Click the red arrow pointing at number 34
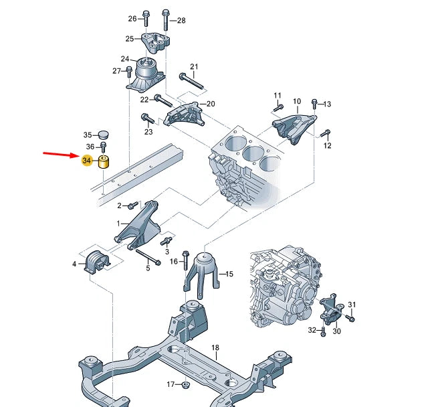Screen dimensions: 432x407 [x=61, y=155]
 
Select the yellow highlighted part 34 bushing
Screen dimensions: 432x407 [x=104, y=162]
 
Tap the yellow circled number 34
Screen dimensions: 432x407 [x=86, y=161]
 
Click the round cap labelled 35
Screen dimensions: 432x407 [x=103, y=135]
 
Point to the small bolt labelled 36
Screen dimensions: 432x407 [x=103, y=147]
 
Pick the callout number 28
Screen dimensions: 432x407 [x=181, y=20]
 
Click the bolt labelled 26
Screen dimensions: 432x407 [x=146, y=18]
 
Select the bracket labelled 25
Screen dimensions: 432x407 [x=155, y=43]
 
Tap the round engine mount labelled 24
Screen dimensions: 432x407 [x=146, y=74]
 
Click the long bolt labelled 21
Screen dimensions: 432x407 [x=193, y=81]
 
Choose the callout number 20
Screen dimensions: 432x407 [x=211, y=104]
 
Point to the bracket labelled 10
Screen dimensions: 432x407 [x=294, y=128]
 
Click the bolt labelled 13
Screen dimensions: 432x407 [x=314, y=103]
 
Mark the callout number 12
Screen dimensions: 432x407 [x=327, y=145]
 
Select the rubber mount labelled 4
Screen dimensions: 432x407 [x=96, y=262]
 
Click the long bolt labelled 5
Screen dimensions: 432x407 [x=148, y=256]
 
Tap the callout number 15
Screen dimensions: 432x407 [x=229, y=274]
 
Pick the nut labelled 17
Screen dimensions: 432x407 [x=185, y=384]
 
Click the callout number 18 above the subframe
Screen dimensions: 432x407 [x=215, y=347]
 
